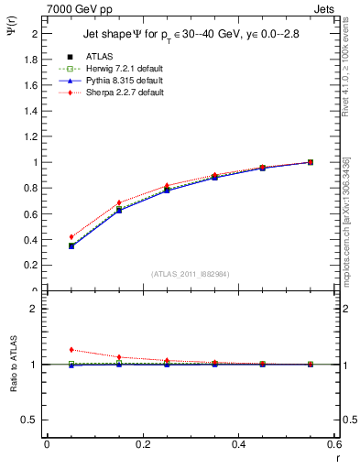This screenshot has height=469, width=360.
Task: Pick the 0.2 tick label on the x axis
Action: (142, 444)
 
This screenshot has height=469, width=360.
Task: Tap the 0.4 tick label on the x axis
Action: (238, 444)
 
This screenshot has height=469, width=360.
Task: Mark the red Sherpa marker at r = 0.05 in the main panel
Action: (71, 236)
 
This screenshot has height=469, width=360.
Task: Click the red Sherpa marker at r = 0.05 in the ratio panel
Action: (71, 349)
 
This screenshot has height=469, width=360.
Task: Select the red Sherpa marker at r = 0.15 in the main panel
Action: (119, 202)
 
